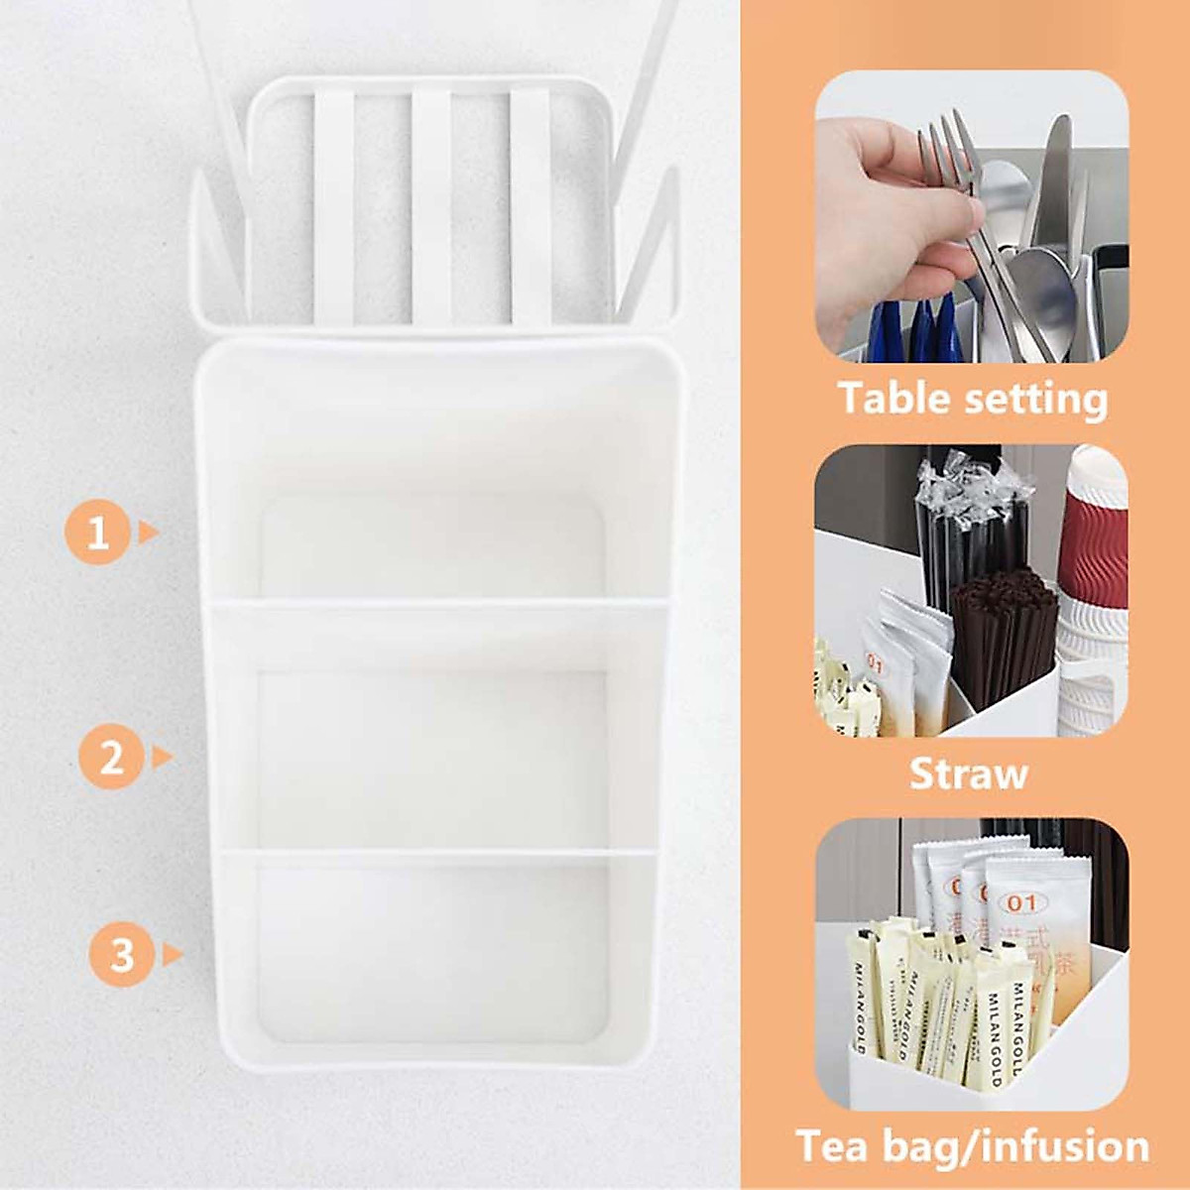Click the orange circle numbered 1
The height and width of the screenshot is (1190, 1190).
(x=97, y=534)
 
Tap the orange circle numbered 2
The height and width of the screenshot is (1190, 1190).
(x=112, y=758)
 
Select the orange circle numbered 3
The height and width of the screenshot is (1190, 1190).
(x=121, y=955)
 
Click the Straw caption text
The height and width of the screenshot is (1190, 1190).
(x=968, y=773)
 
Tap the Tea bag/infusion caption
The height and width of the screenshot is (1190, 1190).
(x=972, y=1146)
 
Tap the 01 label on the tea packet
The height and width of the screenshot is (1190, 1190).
(x=1020, y=902)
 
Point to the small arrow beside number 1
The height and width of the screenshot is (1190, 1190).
(x=148, y=533)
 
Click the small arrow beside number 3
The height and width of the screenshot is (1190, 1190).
(x=173, y=955)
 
